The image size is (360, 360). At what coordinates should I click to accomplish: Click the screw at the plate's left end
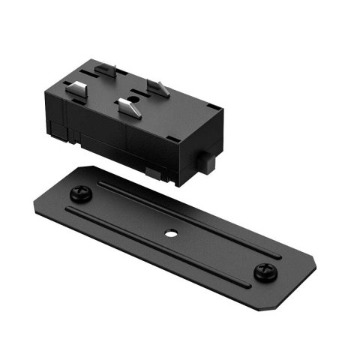pos(79,194)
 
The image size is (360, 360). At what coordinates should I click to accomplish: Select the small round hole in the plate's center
pos(172,232)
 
